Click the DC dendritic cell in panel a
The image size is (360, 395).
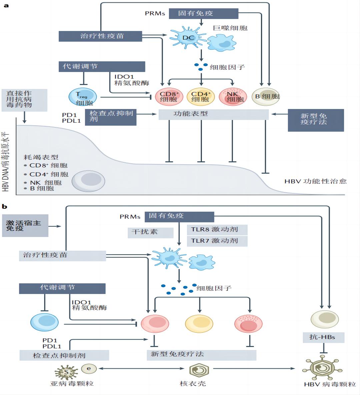[x=188, y=38]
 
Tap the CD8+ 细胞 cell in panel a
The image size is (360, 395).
[x=169, y=97]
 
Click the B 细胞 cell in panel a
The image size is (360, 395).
[x=266, y=97]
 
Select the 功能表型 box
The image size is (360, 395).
[x=213, y=114]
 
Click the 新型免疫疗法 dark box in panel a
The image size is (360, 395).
[x=316, y=120]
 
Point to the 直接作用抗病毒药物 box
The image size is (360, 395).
[x=24, y=100]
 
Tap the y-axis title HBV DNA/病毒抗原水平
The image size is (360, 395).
[x=6, y=162]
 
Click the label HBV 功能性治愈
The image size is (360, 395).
[x=315, y=182]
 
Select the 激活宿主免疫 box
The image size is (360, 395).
[x=25, y=226]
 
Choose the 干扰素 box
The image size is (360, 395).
[x=150, y=232]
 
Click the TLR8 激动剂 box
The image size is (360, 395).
[x=217, y=230]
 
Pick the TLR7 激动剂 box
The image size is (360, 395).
[x=217, y=241]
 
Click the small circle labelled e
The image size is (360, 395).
[x=89, y=368]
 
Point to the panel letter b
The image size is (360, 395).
[x=4, y=207]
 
